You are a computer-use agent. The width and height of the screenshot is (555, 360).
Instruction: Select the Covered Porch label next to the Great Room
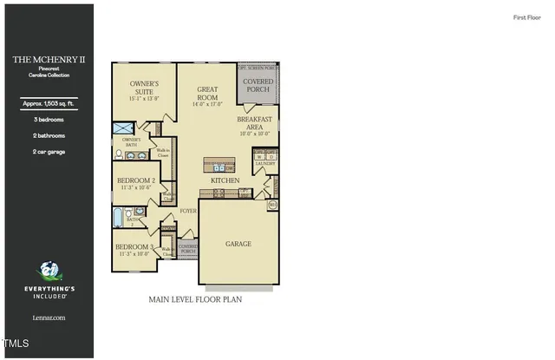click(258, 85)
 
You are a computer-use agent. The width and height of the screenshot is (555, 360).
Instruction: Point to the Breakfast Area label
click(255, 123)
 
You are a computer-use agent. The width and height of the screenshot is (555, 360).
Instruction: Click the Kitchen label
click(225, 180)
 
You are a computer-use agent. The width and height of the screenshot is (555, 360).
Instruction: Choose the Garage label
click(238, 244)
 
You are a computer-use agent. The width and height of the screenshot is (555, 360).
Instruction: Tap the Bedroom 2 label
click(136, 180)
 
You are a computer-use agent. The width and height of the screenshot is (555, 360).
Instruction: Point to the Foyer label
click(187, 211)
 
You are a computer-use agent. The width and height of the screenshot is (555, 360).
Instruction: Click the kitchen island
click(219, 165)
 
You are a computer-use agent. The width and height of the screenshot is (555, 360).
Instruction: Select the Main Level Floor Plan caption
click(195, 299)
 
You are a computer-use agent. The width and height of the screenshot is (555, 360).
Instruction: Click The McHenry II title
click(47, 60)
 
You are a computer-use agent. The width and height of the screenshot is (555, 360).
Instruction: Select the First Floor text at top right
click(526, 17)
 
